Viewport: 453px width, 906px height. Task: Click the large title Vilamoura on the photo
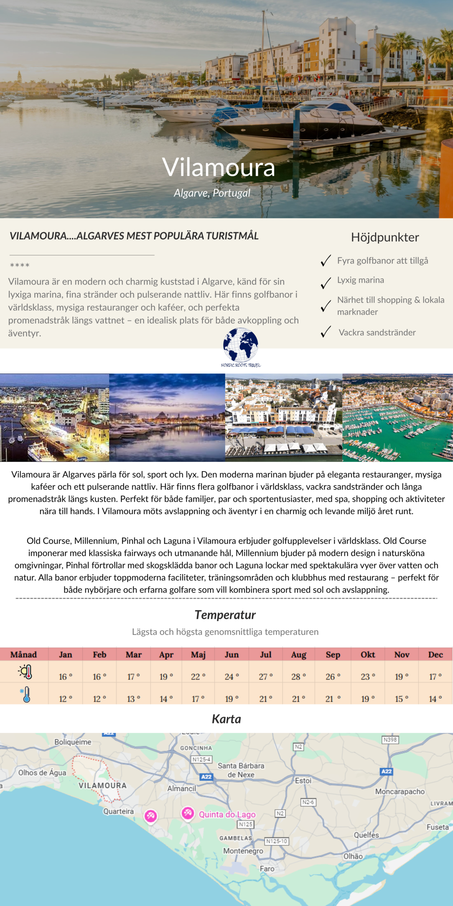tap(218, 167)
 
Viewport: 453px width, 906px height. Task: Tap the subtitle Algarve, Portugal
tap(212, 193)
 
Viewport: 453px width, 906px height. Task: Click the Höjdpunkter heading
tap(385, 237)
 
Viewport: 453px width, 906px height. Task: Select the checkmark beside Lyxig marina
tap(326, 283)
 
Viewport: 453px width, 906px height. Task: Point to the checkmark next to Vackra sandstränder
tap(326, 332)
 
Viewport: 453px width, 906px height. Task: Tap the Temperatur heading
tap(225, 615)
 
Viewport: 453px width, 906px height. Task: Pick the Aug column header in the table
tap(299, 654)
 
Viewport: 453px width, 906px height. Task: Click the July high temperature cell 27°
tap(266, 676)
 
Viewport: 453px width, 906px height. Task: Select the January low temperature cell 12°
tap(65, 699)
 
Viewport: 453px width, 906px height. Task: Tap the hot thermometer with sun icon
tap(26, 671)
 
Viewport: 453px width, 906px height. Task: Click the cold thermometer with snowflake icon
tap(25, 694)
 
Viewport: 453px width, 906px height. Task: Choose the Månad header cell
tap(23, 654)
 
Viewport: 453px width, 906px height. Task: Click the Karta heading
tap(226, 719)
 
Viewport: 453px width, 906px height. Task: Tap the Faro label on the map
tap(267, 868)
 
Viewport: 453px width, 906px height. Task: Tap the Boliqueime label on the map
tap(73, 742)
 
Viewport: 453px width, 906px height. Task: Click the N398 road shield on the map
tap(390, 739)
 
